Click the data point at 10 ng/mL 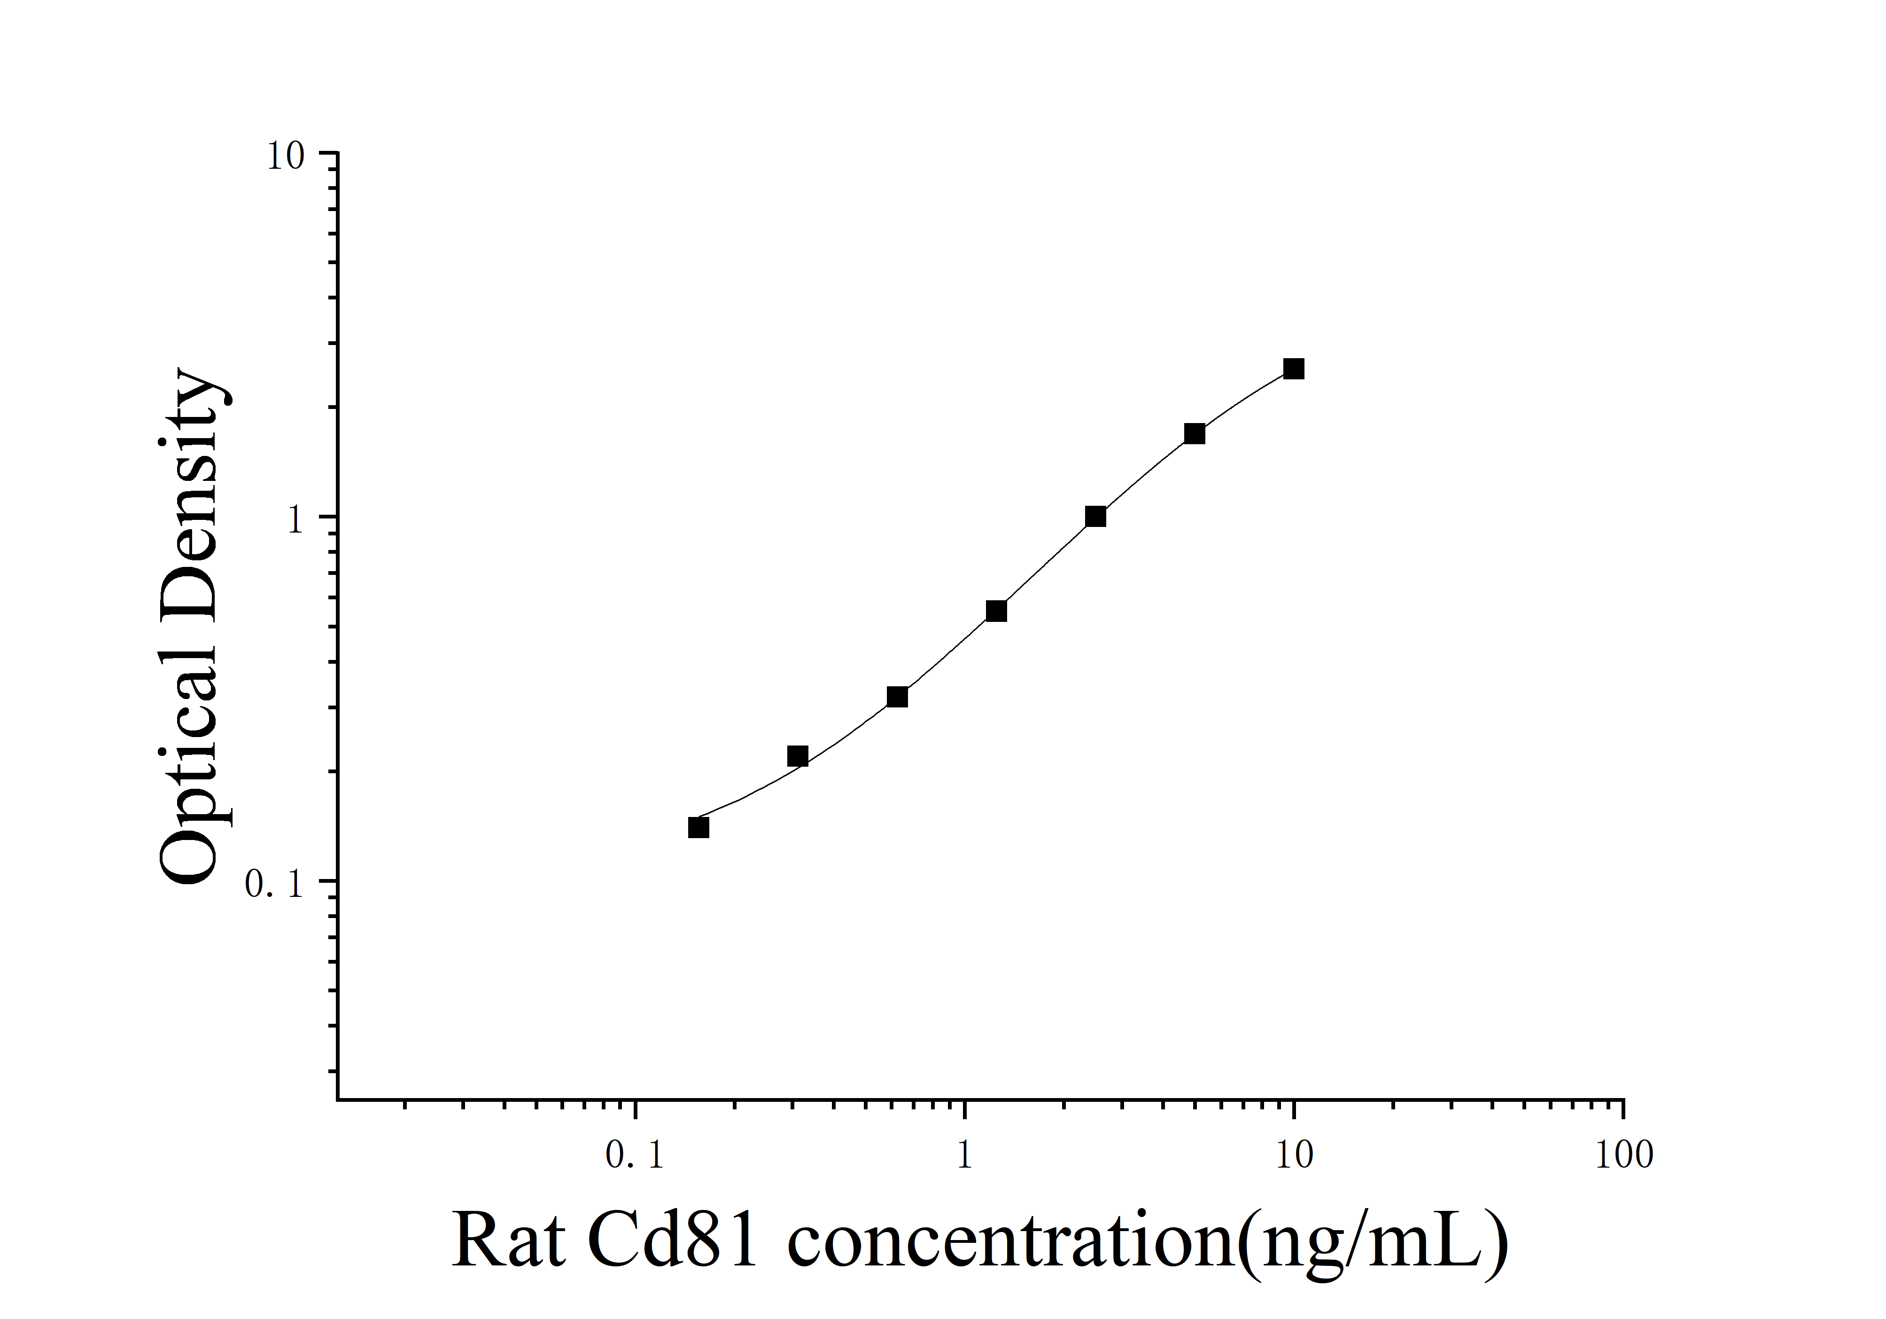(x=1294, y=369)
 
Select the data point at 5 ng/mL (x=1195, y=434)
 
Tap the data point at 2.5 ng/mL (x=1095, y=517)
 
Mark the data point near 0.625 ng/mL (x=897, y=698)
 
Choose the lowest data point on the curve (x=698, y=828)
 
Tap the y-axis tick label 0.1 (x=274, y=885)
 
